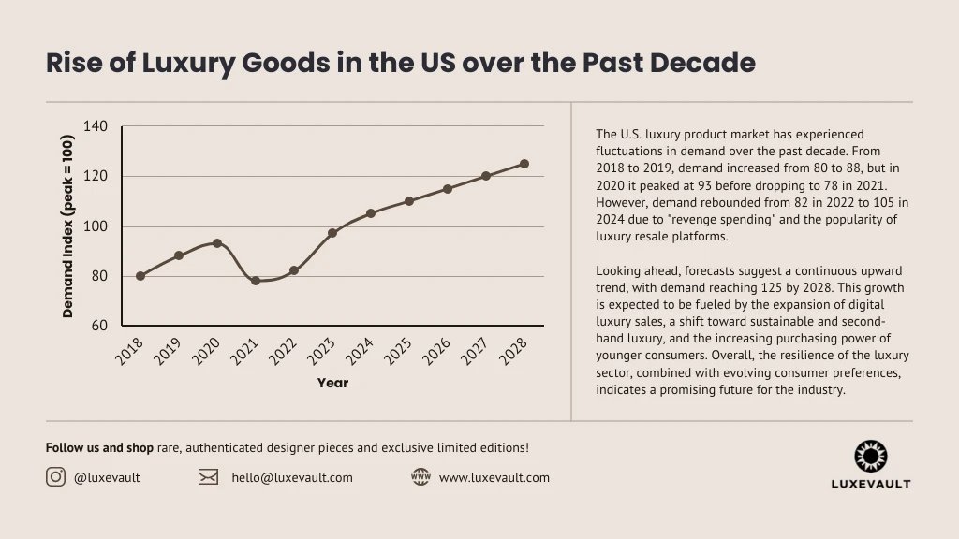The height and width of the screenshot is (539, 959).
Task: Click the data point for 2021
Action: click(x=256, y=281)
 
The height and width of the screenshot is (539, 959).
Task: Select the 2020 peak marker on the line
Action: click(x=217, y=243)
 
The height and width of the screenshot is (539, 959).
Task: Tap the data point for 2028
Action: click(x=524, y=164)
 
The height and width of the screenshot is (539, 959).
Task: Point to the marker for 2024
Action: click(x=371, y=213)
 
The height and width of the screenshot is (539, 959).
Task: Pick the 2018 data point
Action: click(x=140, y=276)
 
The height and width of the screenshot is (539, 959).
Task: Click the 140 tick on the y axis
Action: click(x=96, y=126)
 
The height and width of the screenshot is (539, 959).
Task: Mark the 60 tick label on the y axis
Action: click(x=99, y=326)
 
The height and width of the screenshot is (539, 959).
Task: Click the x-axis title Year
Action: click(x=332, y=383)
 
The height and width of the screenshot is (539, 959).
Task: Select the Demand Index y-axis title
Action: click(x=68, y=226)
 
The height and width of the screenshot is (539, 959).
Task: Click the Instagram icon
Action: click(x=56, y=477)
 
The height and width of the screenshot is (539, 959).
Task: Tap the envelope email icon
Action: click(x=208, y=477)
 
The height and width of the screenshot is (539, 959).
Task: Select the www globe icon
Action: click(x=420, y=477)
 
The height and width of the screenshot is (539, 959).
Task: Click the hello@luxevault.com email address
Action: click(x=292, y=477)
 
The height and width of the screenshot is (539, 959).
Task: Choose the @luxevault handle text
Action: click(x=107, y=477)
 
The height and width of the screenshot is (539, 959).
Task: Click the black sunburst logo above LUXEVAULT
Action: click(x=870, y=457)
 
